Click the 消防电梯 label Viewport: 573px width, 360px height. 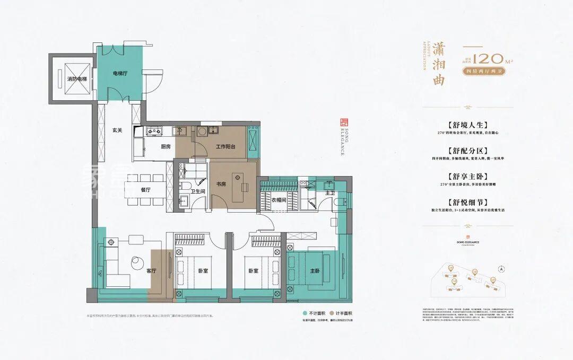tap(77, 79)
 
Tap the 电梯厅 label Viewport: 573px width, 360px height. tap(120, 73)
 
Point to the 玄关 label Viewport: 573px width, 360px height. tap(117, 130)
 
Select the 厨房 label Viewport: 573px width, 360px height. tap(165, 147)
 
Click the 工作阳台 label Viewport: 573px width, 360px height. tap(225, 147)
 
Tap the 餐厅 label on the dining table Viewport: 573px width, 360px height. tap(146, 189)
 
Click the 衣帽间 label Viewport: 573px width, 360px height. tap(279, 200)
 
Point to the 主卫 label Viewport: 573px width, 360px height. tap(329, 193)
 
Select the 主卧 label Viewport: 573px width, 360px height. tap(315, 270)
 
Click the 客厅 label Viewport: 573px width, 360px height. tap(151, 270)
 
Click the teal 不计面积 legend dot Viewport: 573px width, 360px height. tap(305, 313)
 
